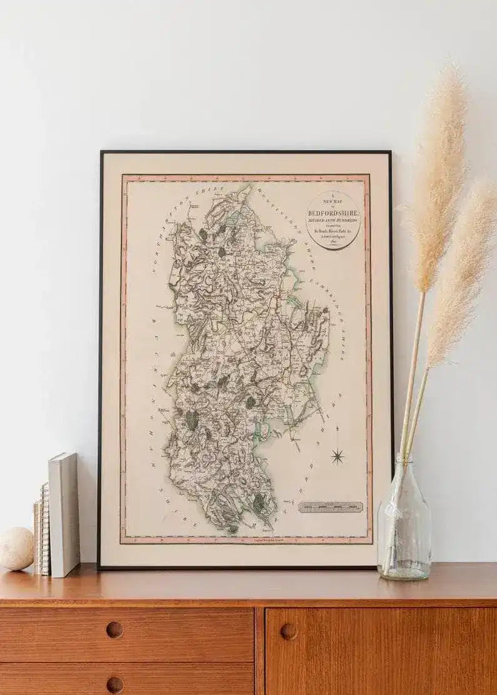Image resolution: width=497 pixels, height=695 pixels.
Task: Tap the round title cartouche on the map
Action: tap(333, 220)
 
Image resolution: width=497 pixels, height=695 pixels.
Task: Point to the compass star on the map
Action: tap(338, 456)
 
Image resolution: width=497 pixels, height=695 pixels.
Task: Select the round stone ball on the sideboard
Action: tap(16, 548)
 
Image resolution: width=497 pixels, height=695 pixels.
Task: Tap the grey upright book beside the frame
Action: tap(64, 514)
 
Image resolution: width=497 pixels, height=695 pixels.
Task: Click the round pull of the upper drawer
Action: tap(115, 630)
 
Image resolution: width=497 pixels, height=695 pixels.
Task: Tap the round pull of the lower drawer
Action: tap(115, 684)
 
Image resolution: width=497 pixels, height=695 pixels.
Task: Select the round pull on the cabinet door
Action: tap(289, 631)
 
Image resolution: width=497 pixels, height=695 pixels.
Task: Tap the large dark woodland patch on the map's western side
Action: tap(192, 420)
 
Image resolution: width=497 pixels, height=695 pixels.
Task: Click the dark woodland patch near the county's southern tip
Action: tap(258, 502)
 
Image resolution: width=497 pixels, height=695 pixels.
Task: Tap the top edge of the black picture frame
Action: tap(244, 152)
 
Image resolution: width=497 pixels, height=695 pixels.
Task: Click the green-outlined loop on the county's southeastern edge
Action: tap(265, 429)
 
